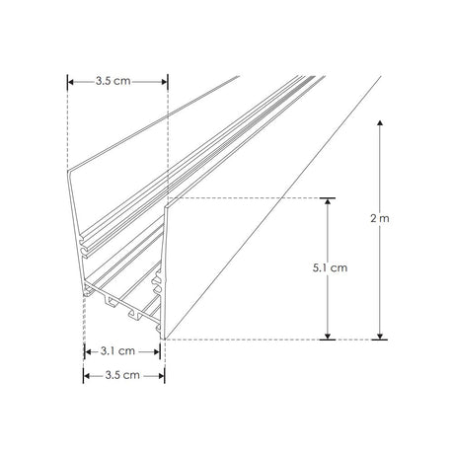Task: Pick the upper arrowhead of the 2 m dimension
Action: (380, 122)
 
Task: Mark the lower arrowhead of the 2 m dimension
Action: (380, 336)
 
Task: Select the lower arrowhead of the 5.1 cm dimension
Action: (326, 336)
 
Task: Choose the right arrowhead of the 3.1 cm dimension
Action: (157, 349)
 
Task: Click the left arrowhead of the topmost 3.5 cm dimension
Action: (71, 82)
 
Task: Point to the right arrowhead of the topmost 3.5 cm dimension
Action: (163, 82)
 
